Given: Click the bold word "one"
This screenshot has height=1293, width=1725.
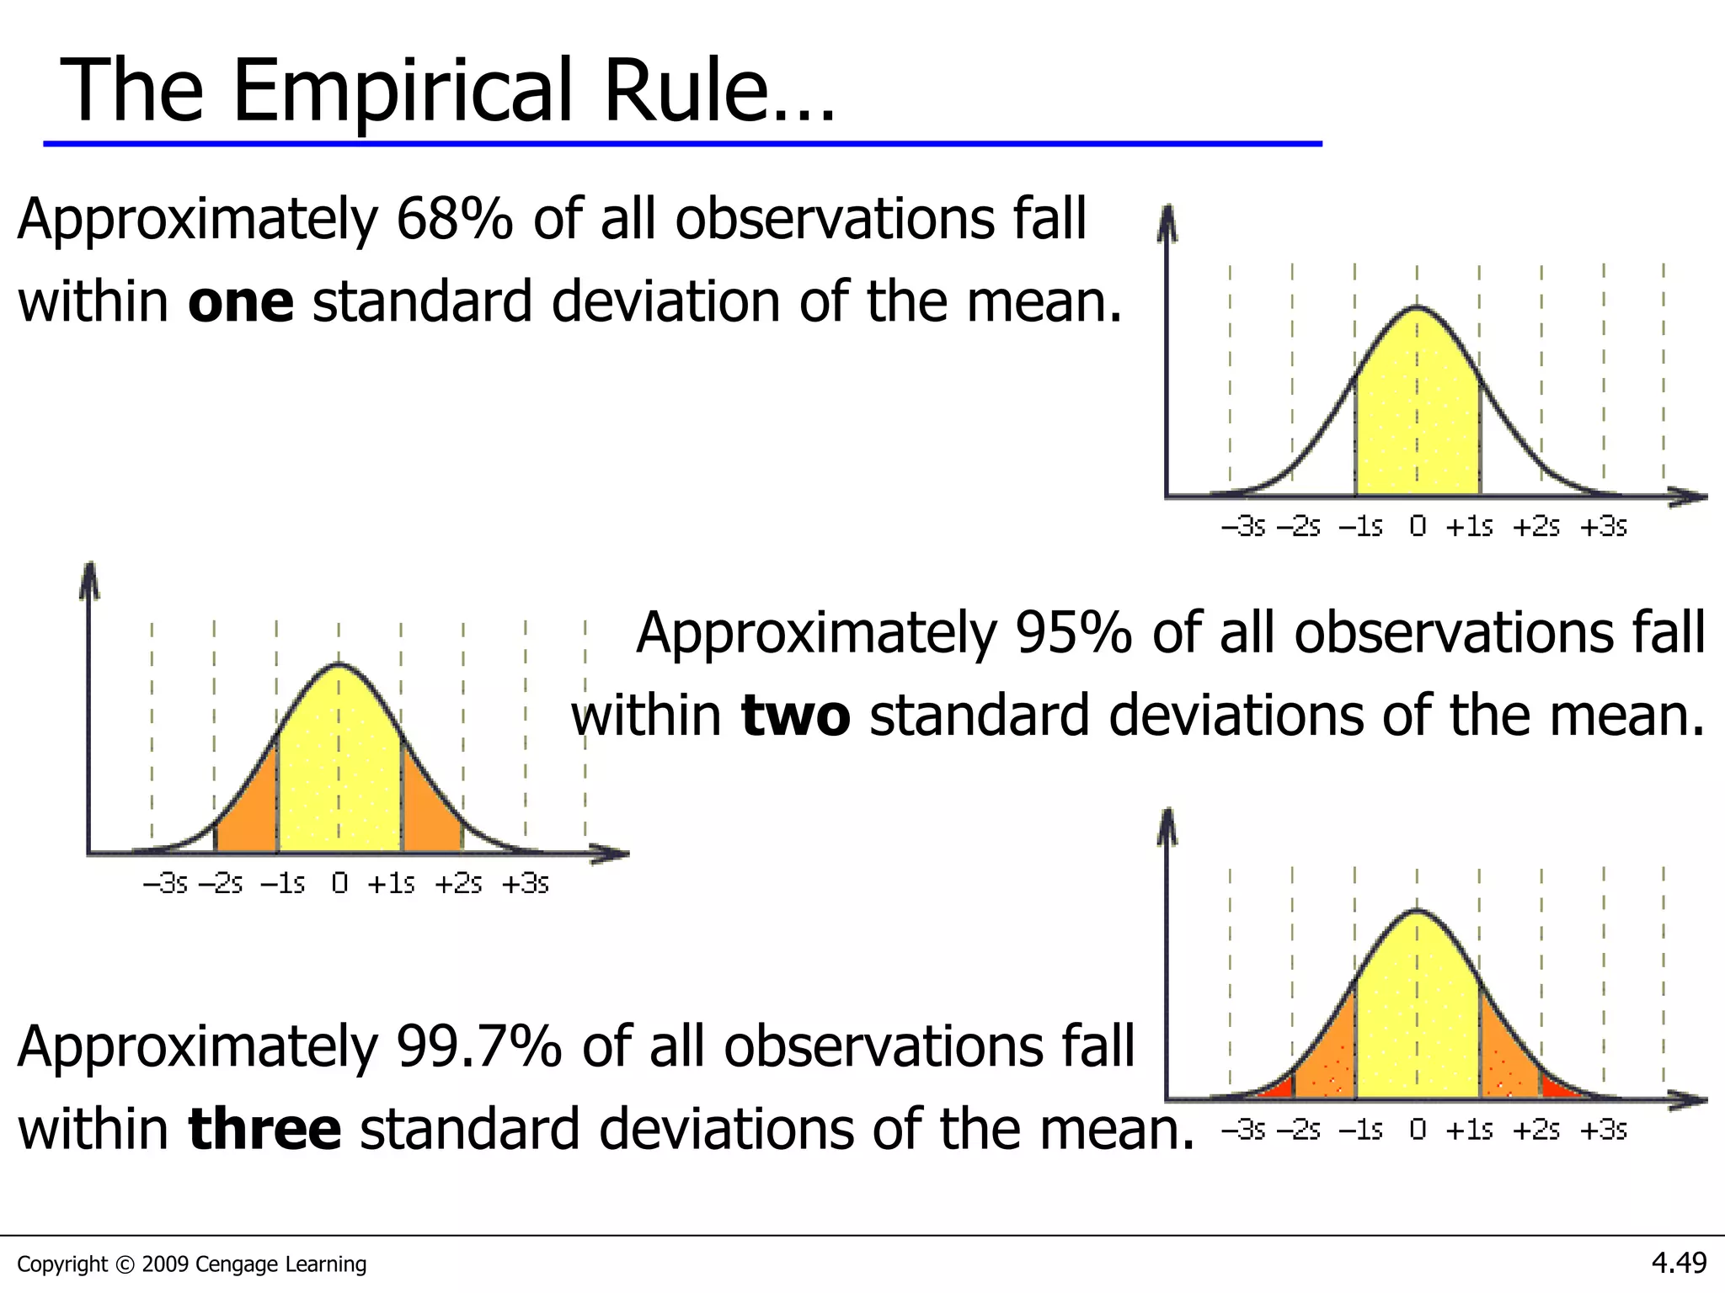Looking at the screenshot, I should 240,302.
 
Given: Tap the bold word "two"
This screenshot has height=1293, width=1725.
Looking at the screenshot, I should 795,716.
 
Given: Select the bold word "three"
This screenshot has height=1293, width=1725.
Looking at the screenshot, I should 264,1130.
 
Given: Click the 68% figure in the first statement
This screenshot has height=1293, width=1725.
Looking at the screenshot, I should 454,220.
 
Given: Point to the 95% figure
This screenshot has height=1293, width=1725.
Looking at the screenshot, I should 1073,633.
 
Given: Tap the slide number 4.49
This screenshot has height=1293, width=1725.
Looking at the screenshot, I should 1679,1263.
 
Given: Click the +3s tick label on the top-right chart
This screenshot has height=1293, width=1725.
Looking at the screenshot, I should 1603,527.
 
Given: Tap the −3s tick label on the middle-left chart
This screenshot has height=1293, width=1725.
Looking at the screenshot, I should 165,884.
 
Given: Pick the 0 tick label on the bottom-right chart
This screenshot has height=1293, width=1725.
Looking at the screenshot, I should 1418,1130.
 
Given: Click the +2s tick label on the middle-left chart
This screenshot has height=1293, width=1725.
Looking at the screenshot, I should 458,884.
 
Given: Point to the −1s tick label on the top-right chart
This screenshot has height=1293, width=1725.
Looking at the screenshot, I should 1360,527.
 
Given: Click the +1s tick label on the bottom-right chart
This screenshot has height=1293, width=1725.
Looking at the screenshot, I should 1469,1130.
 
